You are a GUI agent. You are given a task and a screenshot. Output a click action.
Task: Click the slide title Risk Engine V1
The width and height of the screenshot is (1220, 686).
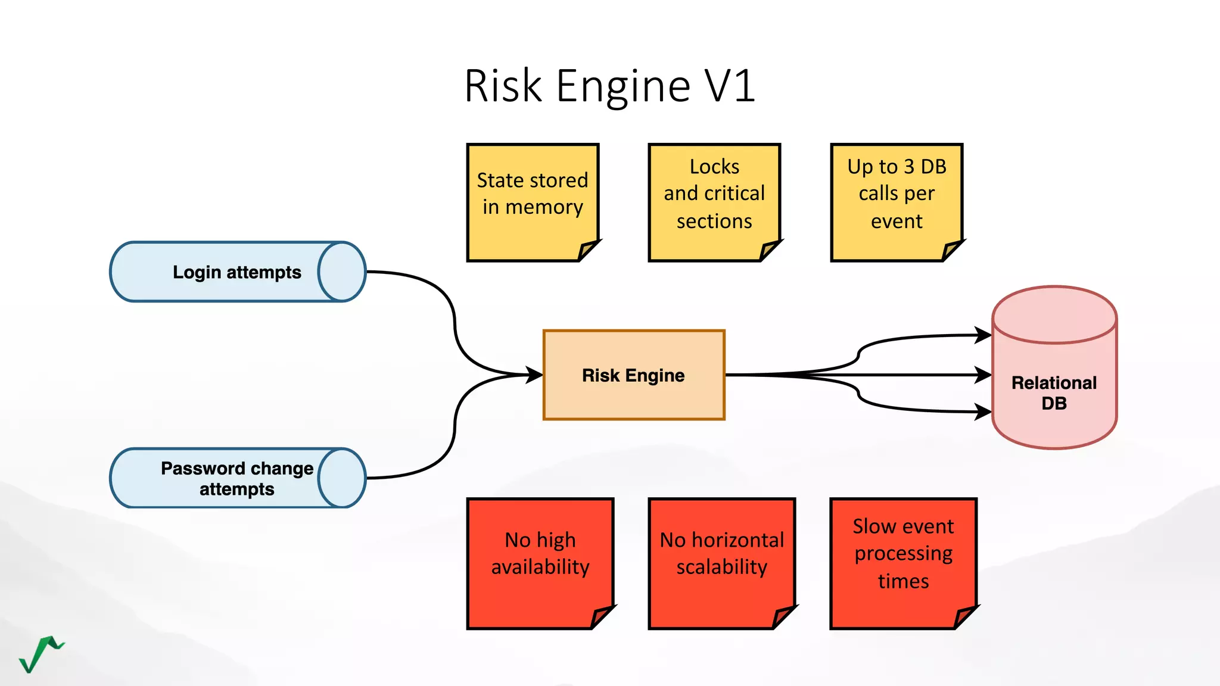click(x=609, y=86)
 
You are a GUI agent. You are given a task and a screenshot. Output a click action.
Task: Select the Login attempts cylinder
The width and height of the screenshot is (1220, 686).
click(x=237, y=272)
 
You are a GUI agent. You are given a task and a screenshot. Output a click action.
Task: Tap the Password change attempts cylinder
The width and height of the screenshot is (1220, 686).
click(x=237, y=478)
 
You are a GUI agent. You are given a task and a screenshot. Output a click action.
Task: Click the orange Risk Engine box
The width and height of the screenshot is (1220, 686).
click(x=633, y=375)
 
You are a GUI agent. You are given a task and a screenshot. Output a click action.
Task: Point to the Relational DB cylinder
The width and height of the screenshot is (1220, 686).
click(x=1054, y=381)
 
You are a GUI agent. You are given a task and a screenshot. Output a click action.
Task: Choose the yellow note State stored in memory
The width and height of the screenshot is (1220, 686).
click(x=532, y=194)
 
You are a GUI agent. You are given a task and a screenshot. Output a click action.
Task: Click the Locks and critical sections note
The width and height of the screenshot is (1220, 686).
click(x=714, y=194)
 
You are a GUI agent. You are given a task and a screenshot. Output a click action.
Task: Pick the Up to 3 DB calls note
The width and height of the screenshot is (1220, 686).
click(x=896, y=194)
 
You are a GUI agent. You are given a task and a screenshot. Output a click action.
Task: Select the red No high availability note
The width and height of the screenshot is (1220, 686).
click(x=540, y=554)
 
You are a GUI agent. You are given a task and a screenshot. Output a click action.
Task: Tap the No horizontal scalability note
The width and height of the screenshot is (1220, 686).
click(x=721, y=554)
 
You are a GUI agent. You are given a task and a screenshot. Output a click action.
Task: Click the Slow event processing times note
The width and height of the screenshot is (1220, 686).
click(x=903, y=554)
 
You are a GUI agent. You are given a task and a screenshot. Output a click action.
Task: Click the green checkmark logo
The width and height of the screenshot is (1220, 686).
click(x=41, y=654)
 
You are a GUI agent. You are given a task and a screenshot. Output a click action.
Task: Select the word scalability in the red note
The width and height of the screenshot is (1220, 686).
click(x=721, y=567)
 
